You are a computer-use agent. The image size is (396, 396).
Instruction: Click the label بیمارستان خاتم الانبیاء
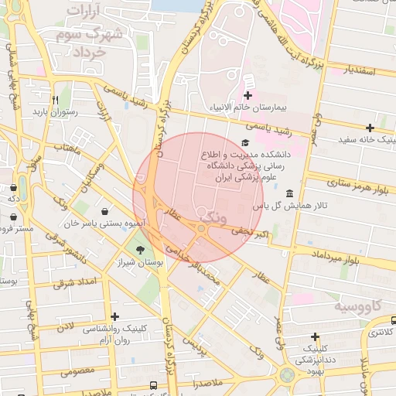[248, 108]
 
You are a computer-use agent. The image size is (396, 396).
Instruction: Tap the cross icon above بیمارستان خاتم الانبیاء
[247, 94]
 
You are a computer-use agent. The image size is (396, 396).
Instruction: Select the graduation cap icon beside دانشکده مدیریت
[245, 142]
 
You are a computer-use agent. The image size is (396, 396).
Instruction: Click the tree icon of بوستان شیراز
[141, 249]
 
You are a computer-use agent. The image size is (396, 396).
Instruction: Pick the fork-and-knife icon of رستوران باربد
[54, 100]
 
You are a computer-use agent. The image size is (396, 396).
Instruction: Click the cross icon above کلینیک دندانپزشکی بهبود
[315, 336]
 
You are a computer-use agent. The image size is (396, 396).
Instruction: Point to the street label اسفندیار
[356, 71]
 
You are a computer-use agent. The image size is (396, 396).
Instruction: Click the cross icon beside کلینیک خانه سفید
[370, 128]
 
